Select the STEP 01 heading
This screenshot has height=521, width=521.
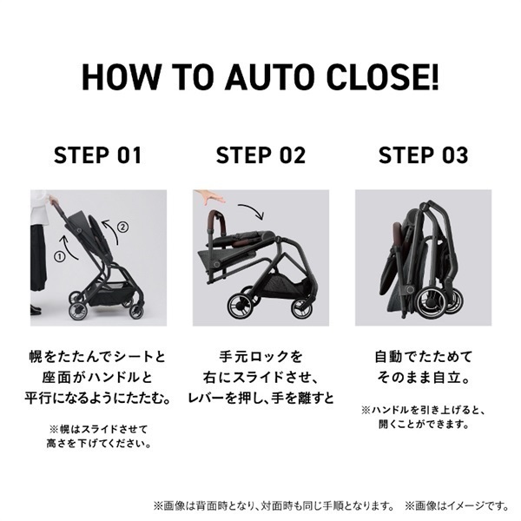pos(98,155)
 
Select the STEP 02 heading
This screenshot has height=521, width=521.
pos(260,155)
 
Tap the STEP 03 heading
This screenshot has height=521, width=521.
pos(423,155)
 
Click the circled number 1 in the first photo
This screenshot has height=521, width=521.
pos(60,257)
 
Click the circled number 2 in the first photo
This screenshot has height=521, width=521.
pos(122,228)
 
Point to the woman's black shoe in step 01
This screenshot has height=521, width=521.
pos(36,308)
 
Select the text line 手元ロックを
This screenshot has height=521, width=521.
pos(260,356)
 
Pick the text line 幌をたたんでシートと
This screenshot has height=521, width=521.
pos(98,356)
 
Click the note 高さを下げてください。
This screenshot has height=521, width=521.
pos(98,444)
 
